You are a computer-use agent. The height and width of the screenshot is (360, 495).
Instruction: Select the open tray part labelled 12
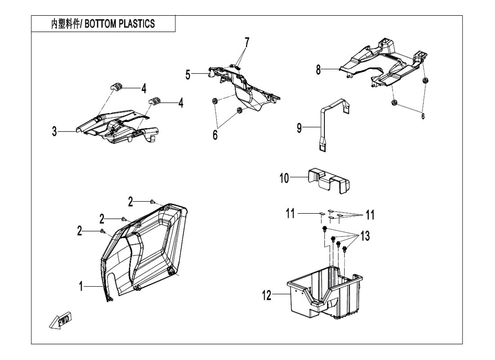click(324, 292)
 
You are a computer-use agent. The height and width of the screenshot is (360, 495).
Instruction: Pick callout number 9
click(299, 128)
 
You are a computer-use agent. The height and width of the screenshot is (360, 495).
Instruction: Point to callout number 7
click(247, 43)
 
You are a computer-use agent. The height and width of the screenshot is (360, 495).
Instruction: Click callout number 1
click(81, 285)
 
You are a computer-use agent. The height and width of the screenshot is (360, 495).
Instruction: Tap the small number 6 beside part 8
click(423, 116)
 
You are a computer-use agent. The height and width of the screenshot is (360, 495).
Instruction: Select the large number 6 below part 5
click(215, 135)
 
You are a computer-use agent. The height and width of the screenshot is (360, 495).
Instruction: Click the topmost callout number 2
click(130, 202)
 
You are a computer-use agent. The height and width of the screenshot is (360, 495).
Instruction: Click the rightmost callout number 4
click(181, 103)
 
